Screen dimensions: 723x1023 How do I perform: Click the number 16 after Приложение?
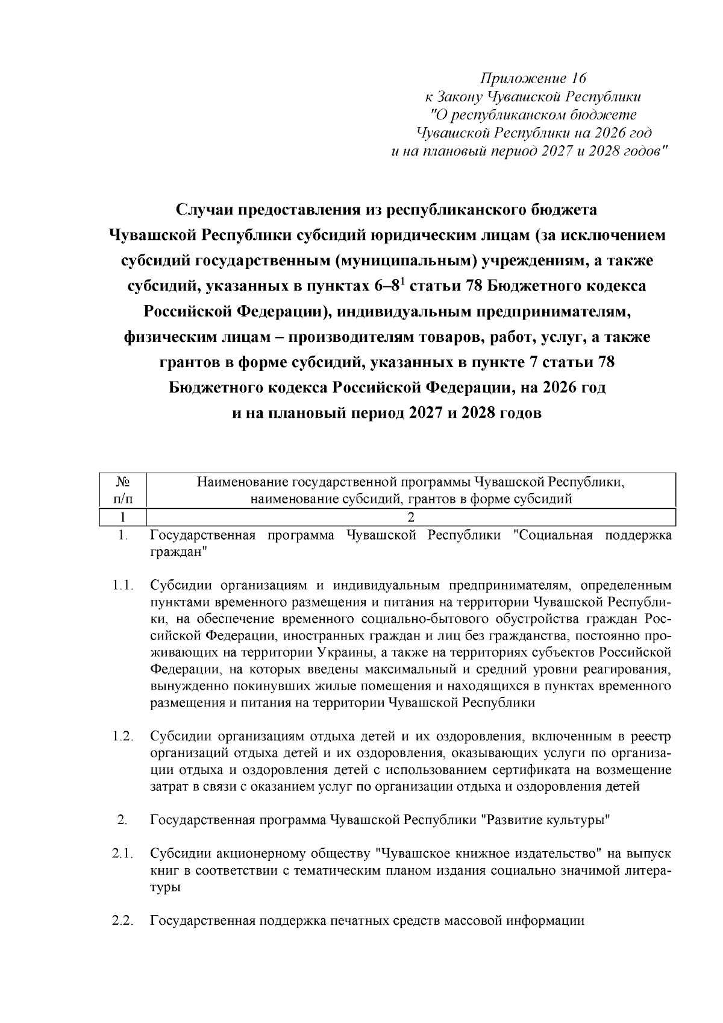coord(578,79)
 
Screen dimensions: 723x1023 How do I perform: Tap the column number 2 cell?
coord(411,517)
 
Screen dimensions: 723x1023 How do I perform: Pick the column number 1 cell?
coord(122,517)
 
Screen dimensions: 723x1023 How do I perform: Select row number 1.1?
coord(122,585)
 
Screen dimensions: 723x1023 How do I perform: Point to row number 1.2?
coord(122,736)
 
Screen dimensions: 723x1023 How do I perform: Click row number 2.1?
coord(122,854)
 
